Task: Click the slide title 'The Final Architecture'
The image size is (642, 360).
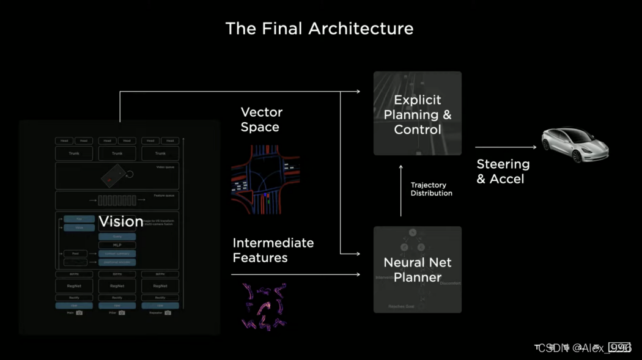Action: [x=319, y=28]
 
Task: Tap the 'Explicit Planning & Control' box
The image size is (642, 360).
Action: [x=418, y=114]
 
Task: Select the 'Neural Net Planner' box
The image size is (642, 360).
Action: [x=418, y=270]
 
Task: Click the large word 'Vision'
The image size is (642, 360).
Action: [x=121, y=221]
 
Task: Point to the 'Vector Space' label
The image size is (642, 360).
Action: [x=260, y=120]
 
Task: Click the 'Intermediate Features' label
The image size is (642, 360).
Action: [x=273, y=250]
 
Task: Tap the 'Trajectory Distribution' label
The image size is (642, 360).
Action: [x=431, y=189]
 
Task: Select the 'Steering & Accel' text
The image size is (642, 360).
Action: [x=503, y=171]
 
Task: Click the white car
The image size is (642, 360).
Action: [x=575, y=145]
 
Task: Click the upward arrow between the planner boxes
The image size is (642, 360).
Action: [x=401, y=189]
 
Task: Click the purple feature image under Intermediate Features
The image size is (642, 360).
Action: [x=264, y=307]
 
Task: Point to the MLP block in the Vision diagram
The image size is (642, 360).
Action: [x=117, y=245]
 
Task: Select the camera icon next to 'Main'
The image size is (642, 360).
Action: [x=79, y=313]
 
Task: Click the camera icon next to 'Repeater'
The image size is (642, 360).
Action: [x=168, y=313]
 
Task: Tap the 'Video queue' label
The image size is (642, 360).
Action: [x=166, y=166]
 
